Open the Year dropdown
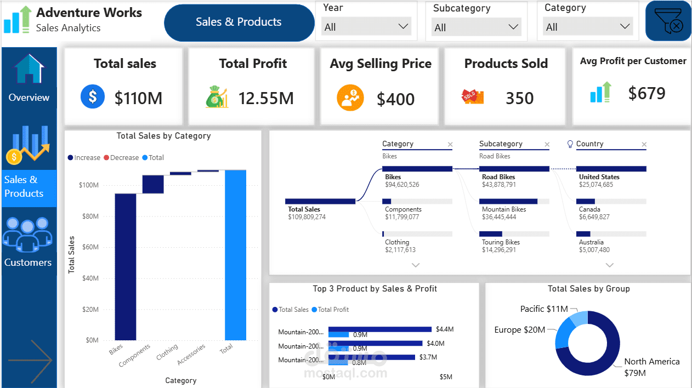366,27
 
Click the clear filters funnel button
668,21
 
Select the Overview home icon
29,69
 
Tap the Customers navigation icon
27,235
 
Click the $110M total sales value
138,99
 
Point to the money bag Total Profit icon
217,96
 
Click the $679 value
646,93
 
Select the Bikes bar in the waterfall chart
126,267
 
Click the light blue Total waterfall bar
235,255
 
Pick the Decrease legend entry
121,157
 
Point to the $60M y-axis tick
90,247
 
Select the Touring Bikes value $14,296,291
499,250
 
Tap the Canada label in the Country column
589,209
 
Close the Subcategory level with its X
547,144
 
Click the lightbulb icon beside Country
570,144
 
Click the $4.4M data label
445,329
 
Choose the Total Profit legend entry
330,310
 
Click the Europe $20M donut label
520,330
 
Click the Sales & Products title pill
239,22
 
